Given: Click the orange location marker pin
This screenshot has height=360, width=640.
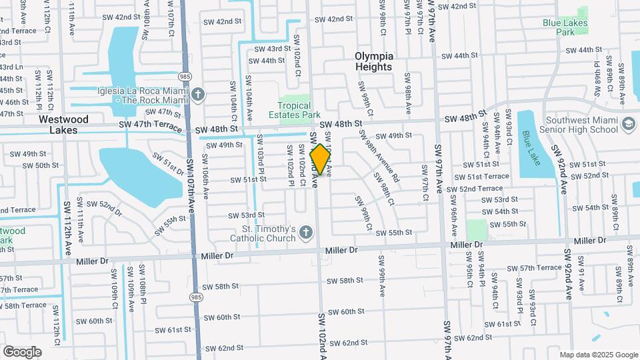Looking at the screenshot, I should click(x=321, y=159).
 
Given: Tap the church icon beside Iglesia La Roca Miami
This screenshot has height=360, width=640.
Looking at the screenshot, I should click(x=198, y=95).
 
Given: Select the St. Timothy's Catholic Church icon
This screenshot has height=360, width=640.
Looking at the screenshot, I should click(x=305, y=233).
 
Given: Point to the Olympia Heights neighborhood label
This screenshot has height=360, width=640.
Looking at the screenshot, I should click(x=374, y=61).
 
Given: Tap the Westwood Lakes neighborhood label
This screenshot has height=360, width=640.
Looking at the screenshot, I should click(x=63, y=125).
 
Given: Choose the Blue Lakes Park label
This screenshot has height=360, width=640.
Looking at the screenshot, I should click(x=565, y=27).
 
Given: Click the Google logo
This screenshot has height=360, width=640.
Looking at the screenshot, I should click(x=22, y=351).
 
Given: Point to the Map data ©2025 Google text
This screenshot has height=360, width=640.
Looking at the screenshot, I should click(x=599, y=355).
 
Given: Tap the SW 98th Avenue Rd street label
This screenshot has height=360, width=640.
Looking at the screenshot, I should click(x=378, y=155).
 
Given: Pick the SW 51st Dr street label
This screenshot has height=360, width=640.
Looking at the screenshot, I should click(x=167, y=163).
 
